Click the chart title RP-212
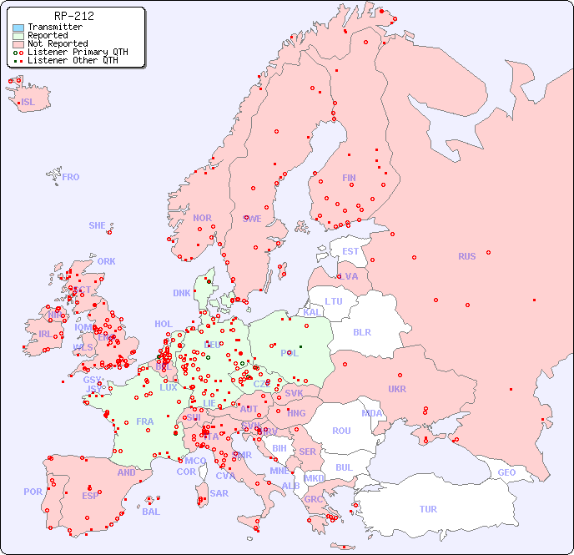click(73, 16)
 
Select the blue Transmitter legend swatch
click(18, 28)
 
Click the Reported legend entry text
click(48, 36)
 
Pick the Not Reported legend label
click(58, 44)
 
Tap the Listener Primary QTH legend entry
click(78, 53)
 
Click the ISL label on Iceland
click(28, 103)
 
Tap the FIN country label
click(349, 178)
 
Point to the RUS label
click(466, 256)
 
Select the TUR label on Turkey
click(428, 509)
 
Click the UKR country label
click(397, 389)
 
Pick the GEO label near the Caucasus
click(506, 472)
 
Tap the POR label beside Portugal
click(33, 492)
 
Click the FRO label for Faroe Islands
click(71, 177)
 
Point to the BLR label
click(361, 331)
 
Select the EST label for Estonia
click(350, 251)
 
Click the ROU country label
click(341, 431)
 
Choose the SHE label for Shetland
click(98, 225)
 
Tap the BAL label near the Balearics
click(151, 512)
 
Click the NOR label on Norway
click(202, 218)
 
